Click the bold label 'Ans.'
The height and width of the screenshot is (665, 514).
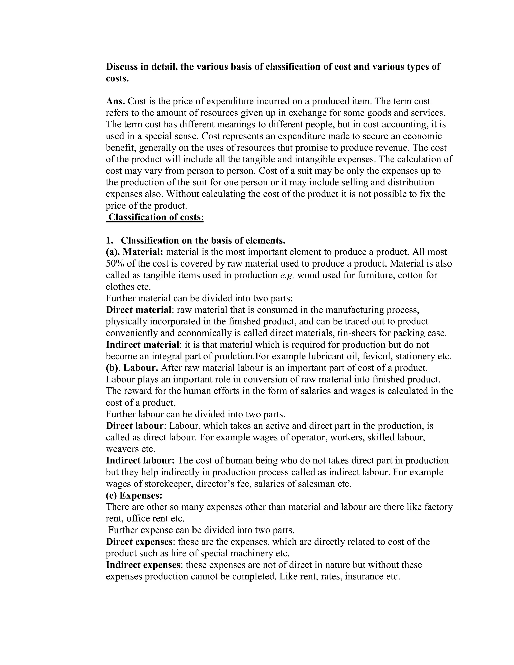click(115, 101)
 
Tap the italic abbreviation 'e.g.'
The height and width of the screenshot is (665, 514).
click(287, 275)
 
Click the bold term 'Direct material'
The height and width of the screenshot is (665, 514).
click(139, 310)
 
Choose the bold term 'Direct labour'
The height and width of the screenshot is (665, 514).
click(135, 426)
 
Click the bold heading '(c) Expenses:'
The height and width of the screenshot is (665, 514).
click(134, 495)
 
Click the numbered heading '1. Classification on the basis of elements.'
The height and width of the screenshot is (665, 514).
click(196, 240)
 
